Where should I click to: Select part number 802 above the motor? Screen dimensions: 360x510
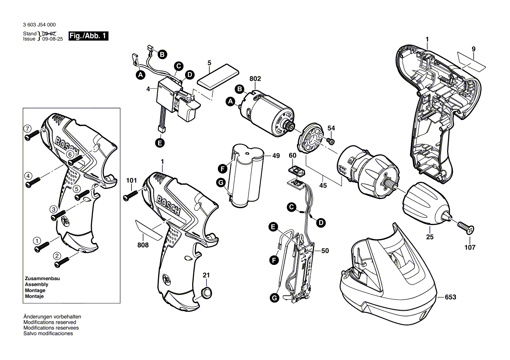coord(255,79)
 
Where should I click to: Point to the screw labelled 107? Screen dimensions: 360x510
coord(465,227)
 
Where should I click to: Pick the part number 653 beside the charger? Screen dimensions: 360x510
coord(450,297)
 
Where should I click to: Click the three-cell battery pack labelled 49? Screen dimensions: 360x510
coord(248,179)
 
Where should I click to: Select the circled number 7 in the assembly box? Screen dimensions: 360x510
coord(28,129)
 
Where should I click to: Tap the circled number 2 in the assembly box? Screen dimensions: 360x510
coord(57,256)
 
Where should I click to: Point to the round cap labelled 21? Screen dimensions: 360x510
coord(206,292)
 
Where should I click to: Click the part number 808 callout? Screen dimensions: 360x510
coord(143,245)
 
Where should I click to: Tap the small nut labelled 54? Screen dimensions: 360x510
coord(331,141)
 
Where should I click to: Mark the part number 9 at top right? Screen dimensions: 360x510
coord(473,49)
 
